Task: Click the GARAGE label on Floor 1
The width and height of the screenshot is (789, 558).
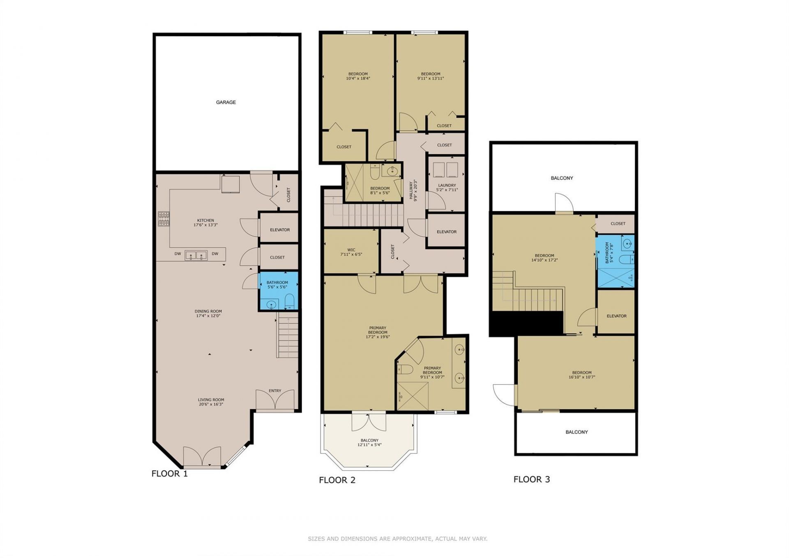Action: [226, 102]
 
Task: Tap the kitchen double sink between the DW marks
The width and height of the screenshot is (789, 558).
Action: [196, 255]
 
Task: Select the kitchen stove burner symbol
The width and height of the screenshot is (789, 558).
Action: [164, 219]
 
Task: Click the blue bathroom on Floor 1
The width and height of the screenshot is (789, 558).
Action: [278, 290]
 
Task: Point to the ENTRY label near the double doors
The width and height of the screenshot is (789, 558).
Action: [275, 391]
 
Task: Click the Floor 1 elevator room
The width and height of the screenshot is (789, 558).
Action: [279, 229]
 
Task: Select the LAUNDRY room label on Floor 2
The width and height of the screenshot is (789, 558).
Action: [447, 185]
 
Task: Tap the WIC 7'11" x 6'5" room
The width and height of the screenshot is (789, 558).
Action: [351, 252]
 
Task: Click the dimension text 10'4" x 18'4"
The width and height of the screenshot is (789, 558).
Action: [358, 79]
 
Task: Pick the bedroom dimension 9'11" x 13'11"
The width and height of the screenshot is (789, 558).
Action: [431, 79]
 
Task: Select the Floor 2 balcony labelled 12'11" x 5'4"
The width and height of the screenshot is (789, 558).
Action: [369, 442]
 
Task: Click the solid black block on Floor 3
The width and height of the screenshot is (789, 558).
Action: [526, 323]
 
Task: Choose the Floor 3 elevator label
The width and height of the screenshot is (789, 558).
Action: [616, 316]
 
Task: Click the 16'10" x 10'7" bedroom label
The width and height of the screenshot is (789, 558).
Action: [581, 375]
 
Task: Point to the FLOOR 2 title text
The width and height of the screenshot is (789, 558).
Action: [337, 480]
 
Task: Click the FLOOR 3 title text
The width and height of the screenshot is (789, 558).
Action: [531, 479]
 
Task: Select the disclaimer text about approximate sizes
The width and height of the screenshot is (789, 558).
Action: [397, 539]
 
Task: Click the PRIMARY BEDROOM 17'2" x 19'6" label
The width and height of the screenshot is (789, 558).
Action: [377, 332]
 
